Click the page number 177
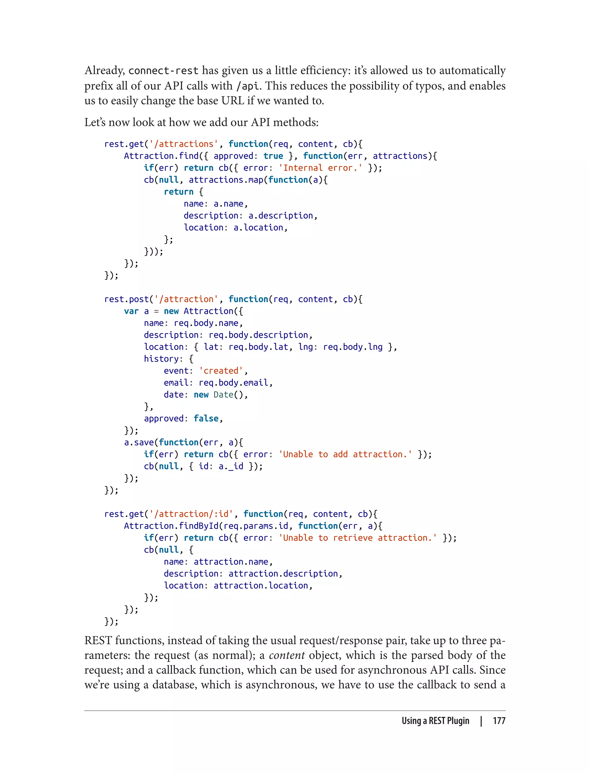tap(499, 721)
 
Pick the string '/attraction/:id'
tap(191, 514)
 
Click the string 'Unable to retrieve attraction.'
tap(358, 538)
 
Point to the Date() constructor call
tap(228, 394)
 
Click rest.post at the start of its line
tap(126, 299)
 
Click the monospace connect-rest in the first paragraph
tap(163, 71)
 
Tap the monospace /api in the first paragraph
tap(247, 86)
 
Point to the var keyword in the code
tap(131, 311)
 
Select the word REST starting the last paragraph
tap(98, 641)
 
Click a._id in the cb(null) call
tap(231, 466)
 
